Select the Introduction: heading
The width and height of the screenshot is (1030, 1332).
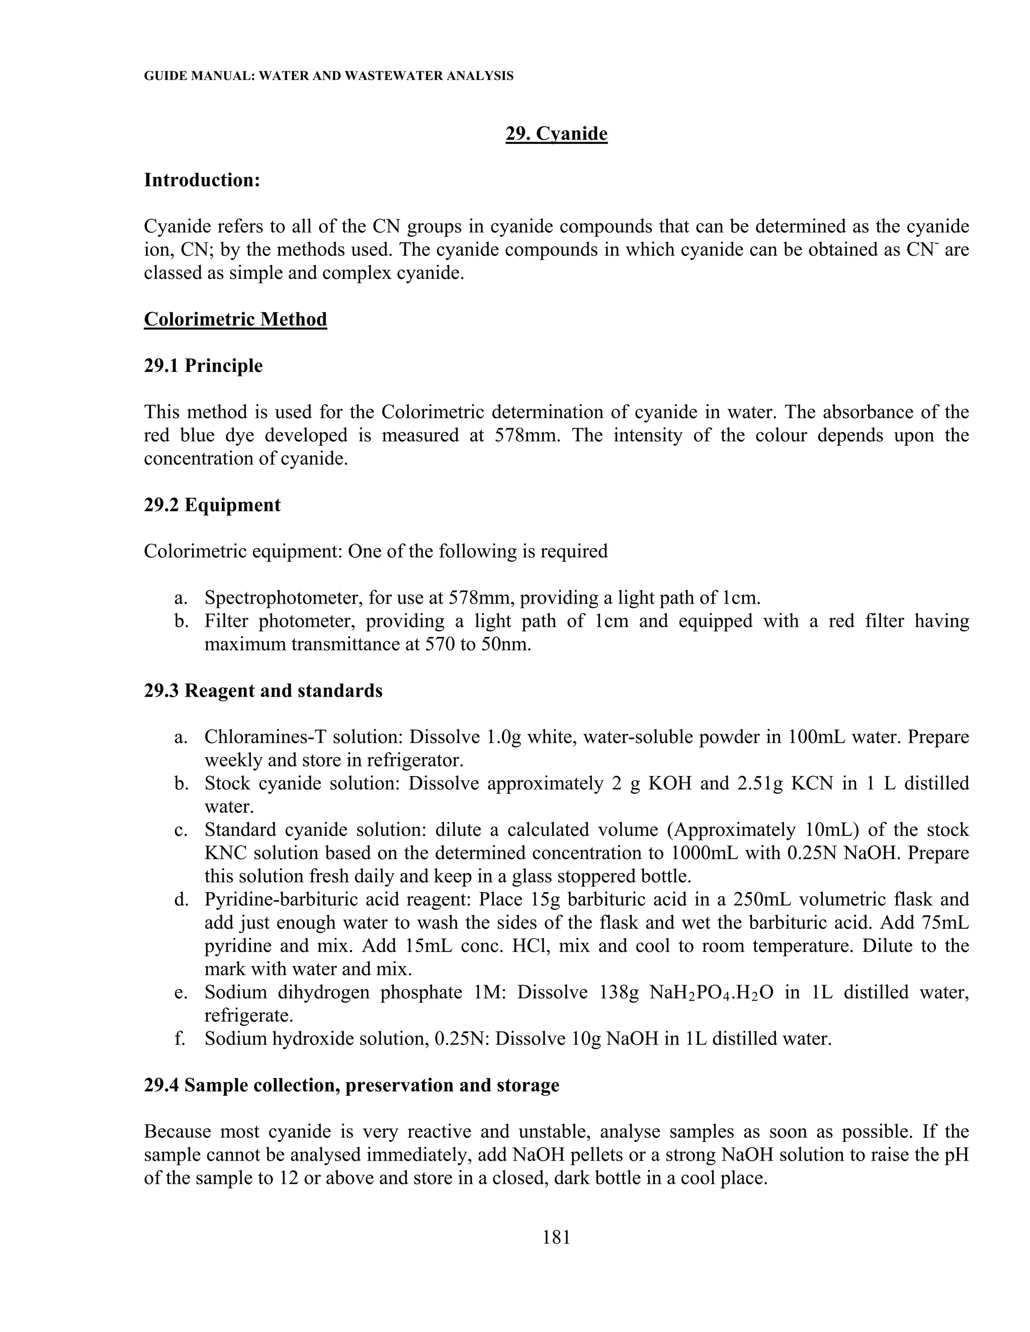click(202, 180)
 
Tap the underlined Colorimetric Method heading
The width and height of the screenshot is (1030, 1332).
click(235, 319)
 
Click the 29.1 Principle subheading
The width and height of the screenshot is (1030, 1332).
click(203, 365)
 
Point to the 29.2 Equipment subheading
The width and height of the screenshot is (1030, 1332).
click(212, 505)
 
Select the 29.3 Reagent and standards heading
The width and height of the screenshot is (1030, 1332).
click(263, 691)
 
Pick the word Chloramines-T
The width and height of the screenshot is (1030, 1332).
click(260, 737)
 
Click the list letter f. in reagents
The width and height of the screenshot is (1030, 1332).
click(180, 1038)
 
